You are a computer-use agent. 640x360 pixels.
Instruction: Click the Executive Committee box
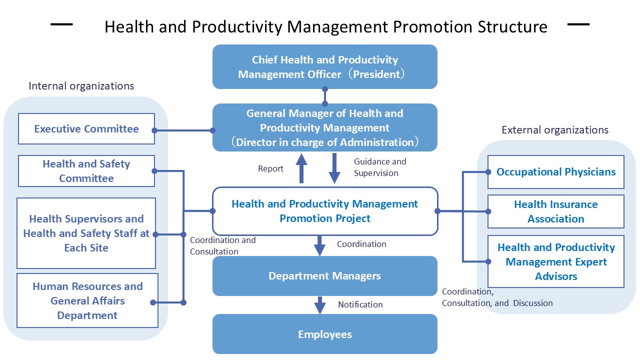point(86,129)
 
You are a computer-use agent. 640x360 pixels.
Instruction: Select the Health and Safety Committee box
point(86,171)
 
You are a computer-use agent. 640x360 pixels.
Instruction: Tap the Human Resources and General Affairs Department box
point(87,300)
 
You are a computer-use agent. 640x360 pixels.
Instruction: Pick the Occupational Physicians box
point(556,172)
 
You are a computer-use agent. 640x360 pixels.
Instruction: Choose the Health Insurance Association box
point(556,211)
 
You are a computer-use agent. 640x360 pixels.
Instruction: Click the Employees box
point(325,334)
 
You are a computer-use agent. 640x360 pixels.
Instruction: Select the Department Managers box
point(325,276)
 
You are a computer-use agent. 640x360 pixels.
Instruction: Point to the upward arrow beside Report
point(302,168)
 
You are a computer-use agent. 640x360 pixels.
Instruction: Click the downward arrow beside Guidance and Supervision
point(334,169)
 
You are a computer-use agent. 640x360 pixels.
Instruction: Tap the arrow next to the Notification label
point(320,305)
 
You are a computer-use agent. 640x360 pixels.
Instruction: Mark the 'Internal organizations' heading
point(81,86)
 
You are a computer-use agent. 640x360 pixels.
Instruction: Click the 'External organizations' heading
point(555,130)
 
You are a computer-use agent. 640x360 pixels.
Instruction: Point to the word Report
point(270,168)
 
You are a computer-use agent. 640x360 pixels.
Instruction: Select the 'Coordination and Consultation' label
point(222,245)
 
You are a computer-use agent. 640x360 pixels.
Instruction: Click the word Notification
point(360,304)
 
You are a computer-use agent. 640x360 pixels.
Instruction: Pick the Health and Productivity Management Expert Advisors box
point(556,262)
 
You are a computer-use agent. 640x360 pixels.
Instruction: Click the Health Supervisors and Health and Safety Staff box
point(86,233)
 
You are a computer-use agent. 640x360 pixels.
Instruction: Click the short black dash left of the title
point(61,24)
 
